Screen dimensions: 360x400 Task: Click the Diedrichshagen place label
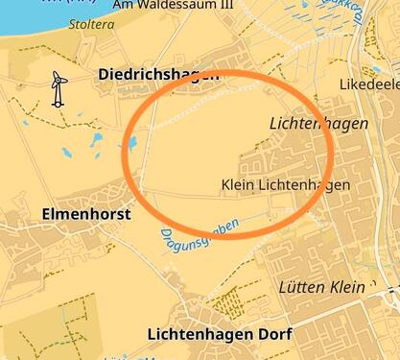(x=158, y=74)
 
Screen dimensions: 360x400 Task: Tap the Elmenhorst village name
(x=86, y=215)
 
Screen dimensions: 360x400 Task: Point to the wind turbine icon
(x=58, y=88)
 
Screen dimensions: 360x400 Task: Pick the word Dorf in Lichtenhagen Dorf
(x=272, y=335)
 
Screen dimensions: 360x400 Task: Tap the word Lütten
(x=301, y=287)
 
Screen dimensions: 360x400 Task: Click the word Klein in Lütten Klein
(x=347, y=287)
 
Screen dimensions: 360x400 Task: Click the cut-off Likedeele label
(x=369, y=84)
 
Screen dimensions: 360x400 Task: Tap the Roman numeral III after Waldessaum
(x=229, y=5)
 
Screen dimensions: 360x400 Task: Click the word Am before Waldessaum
(x=123, y=5)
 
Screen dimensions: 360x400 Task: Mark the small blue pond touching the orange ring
(x=131, y=144)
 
